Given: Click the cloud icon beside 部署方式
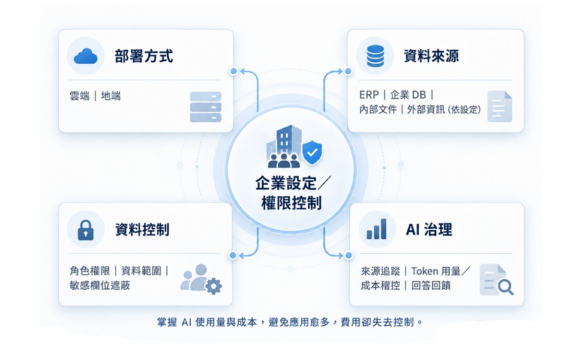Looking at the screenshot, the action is click(86, 56).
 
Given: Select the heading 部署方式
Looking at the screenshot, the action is click(143, 56).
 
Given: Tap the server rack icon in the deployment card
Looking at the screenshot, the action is click(206, 107).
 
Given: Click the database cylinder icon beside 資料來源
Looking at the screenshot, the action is click(376, 56).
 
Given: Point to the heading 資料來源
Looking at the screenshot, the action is click(431, 56).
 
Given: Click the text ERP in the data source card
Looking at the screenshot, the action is click(369, 95).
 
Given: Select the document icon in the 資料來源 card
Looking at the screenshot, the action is click(500, 107).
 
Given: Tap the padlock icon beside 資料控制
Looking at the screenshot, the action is click(86, 230).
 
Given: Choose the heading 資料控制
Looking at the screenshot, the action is click(142, 230).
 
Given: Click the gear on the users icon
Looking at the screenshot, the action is click(214, 286).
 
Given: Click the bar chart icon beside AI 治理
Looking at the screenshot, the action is click(377, 229).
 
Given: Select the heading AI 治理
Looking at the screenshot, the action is click(428, 230).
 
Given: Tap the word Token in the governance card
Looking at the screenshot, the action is click(425, 271).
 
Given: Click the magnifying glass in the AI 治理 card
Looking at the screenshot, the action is click(505, 287).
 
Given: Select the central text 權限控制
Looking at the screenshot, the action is click(292, 203).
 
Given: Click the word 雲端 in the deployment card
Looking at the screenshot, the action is click(79, 96).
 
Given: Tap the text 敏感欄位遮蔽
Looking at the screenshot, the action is click(100, 286).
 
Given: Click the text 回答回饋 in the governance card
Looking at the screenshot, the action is click(431, 286).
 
